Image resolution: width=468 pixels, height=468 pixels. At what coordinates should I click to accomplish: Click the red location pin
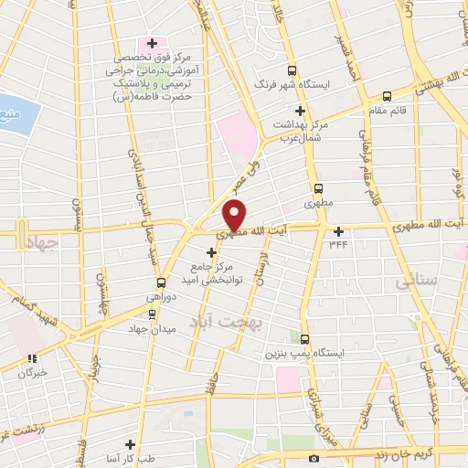(x=234, y=215)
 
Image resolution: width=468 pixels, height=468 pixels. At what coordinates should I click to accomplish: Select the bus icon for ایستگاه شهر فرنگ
(x=292, y=70)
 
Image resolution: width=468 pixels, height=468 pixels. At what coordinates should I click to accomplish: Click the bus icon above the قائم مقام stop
(x=387, y=95)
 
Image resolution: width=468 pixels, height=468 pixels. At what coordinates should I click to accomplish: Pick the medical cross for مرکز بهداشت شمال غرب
(x=299, y=111)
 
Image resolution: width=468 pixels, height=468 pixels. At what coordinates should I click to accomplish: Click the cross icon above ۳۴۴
(x=339, y=231)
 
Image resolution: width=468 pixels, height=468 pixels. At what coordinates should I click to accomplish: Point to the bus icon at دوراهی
(x=162, y=282)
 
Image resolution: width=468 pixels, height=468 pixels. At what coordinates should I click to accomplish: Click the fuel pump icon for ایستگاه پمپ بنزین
(x=306, y=337)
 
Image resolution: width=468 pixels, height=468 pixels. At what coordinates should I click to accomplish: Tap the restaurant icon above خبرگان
(x=32, y=358)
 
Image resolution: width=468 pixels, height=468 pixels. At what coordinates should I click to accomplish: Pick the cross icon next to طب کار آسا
(x=143, y=442)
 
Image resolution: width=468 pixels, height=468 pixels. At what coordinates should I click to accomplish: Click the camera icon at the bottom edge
(x=314, y=458)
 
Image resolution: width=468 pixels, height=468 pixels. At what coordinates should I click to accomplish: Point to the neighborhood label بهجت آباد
(x=220, y=324)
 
